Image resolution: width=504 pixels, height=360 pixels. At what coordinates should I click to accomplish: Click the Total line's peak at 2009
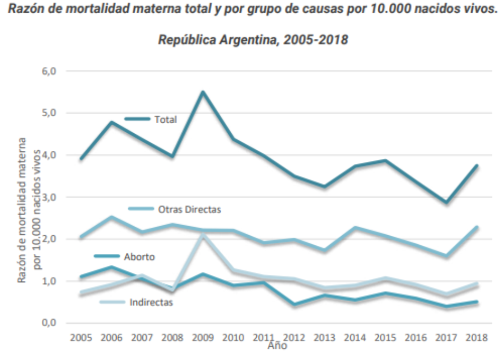coord(202,92)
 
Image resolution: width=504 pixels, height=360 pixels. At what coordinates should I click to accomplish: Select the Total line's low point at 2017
coord(446,202)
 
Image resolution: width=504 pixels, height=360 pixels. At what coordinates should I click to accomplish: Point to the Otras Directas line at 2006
coord(111,217)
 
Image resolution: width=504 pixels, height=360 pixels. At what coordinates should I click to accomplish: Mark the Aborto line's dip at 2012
coord(294,305)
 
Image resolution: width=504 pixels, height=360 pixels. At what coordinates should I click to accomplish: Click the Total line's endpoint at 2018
coord(477,166)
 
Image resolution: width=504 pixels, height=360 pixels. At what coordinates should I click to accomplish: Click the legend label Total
coord(165,119)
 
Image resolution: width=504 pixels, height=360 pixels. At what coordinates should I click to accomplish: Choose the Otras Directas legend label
coord(189,209)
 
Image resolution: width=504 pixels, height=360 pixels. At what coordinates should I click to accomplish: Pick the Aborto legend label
coord(140,256)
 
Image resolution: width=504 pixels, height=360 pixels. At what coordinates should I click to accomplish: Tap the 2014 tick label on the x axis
coord(355,338)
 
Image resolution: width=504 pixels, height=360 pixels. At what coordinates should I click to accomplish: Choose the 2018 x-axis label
coord(477,338)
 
